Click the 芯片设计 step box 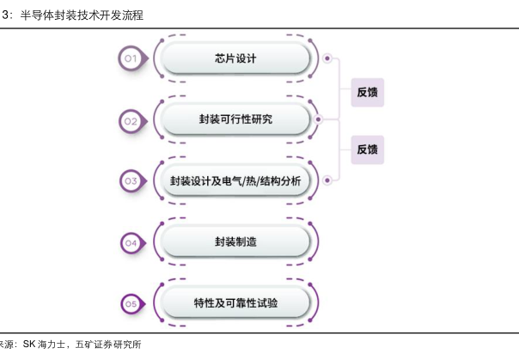[x=235, y=58]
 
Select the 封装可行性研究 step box [x=235, y=119]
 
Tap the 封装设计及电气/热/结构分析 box [x=235, y=180]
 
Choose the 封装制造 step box [x=235, y=242]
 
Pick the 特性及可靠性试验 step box [x=235, y=303]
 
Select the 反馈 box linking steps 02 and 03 [x=367, y=149]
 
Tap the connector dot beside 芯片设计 [x=327, y=59]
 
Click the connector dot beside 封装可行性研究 [x=317, y=119]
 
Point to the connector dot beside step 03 [x=327, y=180]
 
